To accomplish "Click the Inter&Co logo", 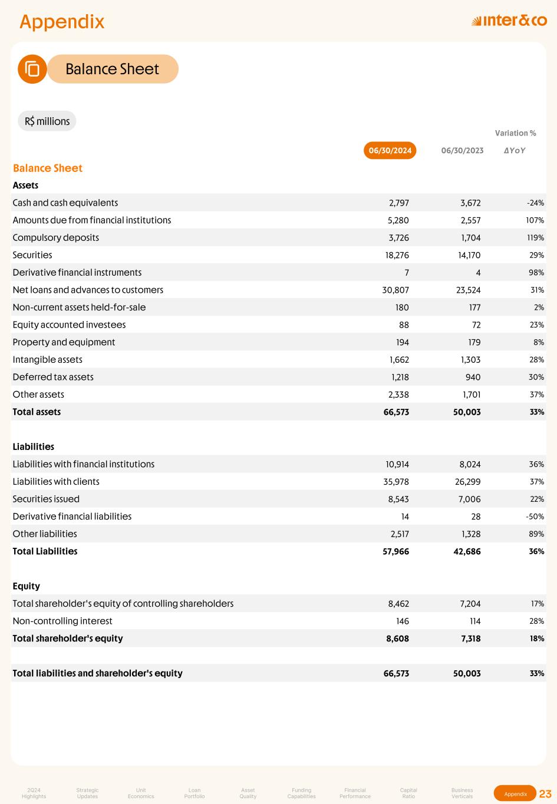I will coord(509,21).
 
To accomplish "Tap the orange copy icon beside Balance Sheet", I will coord(32,69).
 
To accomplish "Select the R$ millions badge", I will coord(47,121).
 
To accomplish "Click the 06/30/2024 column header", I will coord(390,151).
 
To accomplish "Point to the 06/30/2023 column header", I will coord(462,151).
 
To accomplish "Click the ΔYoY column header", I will coord(515,151).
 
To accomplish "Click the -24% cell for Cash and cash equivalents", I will coord(535,203).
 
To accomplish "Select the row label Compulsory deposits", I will coord(56,237).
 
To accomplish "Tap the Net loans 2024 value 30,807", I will coord(395,290).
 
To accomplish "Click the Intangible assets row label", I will coord(48,359).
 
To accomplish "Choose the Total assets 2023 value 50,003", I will coord(467,412).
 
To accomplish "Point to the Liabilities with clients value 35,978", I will coord(396,481).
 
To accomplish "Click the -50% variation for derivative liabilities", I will coord(535,517).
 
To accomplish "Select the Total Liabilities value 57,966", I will coord(395,551).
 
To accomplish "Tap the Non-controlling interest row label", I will coord(62,621).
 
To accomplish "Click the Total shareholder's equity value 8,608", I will coord(397,638).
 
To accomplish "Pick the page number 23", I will coord(545,794).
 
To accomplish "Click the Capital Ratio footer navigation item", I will coord(408,793).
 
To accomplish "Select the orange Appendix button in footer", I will coord(515,794).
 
